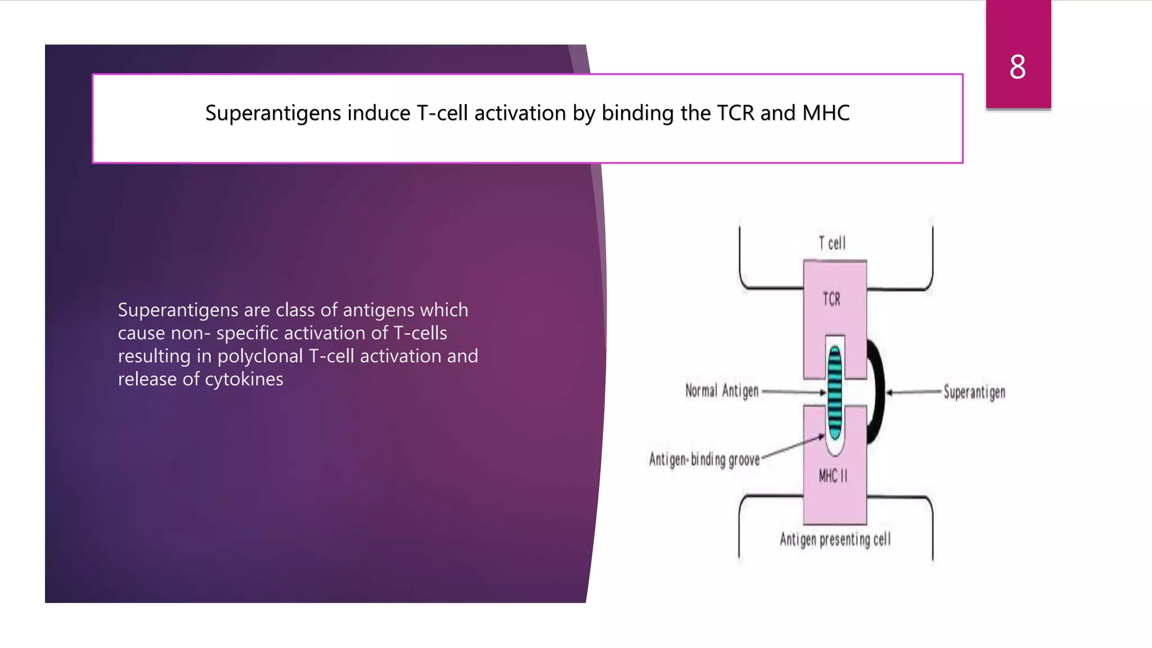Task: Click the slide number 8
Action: pyautogui.click(x=1017, y=67)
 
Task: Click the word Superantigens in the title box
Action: pyautogui.click(x=273, y=114)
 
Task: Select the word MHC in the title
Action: pyautogui.click(x=826, y=113)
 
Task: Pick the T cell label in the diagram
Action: pyautogui.click(x=832, y=243)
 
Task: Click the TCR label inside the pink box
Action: pyautogui.click(x=831, y=299)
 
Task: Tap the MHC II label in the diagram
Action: pyautogui.click(x=832, y=476)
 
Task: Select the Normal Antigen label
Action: pyautogui.click(x=722, y=390)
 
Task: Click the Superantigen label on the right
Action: pyautogui.click(x=974, y=392)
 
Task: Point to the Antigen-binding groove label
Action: pyautogui.click(x=704, y=460)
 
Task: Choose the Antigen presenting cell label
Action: pyautogui.click(x=835, y=539)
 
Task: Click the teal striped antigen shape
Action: pyautogui.click(x=835, y=392)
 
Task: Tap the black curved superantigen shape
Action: pyautogui.click(x=876, y=391)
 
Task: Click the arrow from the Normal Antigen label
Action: pyautogui.click(x=793, y=391)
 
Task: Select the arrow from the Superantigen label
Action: pyautogui.click(x=914, y=392)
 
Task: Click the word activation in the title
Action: pyautogui.click(x=520, y=113)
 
